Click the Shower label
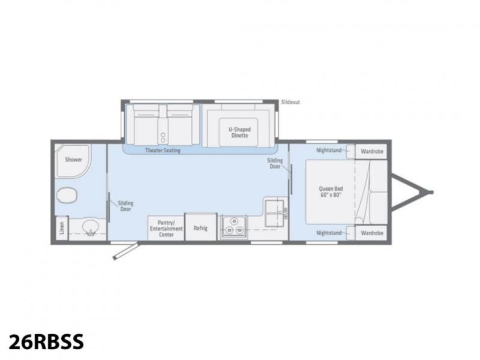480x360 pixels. [73, 160]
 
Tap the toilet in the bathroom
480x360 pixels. [67, 196]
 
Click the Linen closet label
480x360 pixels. [62, 228]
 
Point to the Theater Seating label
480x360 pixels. [163, 151]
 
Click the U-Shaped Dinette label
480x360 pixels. [239, 132]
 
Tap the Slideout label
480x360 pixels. [290, 102]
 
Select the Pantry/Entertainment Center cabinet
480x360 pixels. [166, 228]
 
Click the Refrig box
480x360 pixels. [200, 227]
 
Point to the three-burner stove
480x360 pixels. [234, 226]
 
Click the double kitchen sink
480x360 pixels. [274, 213]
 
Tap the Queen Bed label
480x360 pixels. [331, 191]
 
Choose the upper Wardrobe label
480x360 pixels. [371, 151]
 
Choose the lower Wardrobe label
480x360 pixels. [371, 233]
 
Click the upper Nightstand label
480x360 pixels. [329, 151]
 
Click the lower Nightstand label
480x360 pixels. [329, 233]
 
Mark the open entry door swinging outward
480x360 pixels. [126, 251]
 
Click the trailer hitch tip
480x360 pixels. [431, 192]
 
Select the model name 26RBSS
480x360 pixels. [46, 341]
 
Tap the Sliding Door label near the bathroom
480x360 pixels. [125, 206]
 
